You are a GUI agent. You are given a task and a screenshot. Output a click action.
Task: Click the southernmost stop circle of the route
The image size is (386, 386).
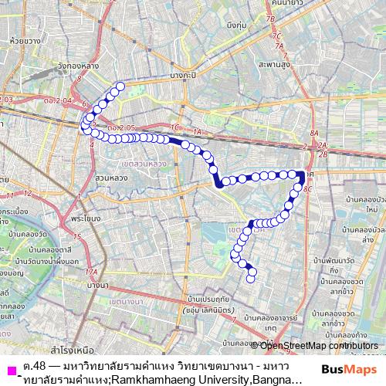coord(250,279)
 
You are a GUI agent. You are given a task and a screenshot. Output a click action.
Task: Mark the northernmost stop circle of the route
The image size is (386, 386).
coord(120,86)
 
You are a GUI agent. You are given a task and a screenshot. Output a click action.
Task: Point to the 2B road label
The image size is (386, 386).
coord(323,154)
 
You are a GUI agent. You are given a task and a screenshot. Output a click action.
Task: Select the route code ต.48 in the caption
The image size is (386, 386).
coord(33,364)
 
